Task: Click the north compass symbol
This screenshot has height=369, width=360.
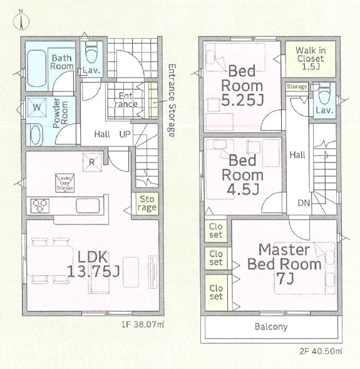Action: tap(21, 21)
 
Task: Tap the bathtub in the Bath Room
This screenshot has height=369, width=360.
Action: tap(37, 68)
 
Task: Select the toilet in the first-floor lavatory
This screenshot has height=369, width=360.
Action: tap(91, 53)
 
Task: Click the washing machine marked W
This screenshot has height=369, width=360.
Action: tap(37, 108)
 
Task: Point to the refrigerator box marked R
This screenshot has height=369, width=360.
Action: tap(92, 162)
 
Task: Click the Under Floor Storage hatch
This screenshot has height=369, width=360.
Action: tap(64, 183)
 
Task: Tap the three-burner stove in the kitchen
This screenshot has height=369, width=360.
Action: tap(40, 206)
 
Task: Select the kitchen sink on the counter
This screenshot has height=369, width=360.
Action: tap(88, 206)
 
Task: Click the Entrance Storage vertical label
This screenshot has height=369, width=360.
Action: tap(172, 101)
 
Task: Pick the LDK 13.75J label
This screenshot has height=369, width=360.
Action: tap(93, 264)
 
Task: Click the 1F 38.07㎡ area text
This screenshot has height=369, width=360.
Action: tap(143, 325)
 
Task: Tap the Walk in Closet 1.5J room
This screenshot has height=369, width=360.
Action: tap(311, 59)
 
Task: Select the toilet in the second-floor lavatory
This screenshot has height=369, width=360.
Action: tap(324, 93)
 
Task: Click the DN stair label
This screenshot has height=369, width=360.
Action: tap(304, 203)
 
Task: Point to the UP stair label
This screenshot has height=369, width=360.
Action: tap(125, 134)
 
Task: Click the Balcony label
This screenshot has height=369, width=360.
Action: tap(271, 327)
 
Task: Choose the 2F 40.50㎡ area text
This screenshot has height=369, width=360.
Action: tap(321, 351)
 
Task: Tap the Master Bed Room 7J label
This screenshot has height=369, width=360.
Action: tap(285, 264)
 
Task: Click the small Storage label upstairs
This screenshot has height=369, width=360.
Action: tap(297, 86)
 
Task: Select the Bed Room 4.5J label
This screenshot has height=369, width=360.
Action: tap(243, 174)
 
